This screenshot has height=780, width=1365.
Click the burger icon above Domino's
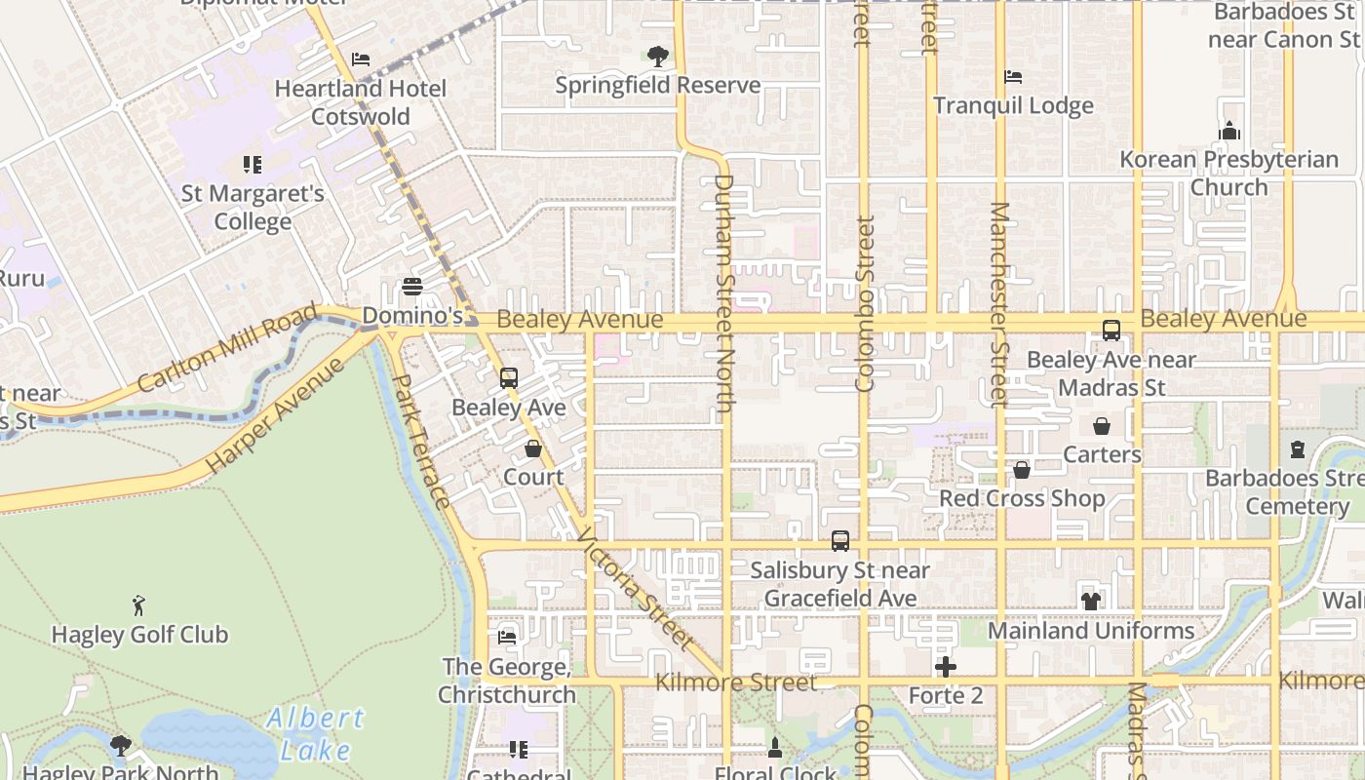(x=412, y=287)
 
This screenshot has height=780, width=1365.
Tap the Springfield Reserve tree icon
(x=658, y=57)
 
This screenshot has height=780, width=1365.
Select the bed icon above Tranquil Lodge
(x=1013, y=77)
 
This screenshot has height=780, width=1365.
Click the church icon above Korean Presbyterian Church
(x=1228, y=131)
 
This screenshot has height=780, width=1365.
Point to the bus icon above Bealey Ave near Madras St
(x=1111, y=331)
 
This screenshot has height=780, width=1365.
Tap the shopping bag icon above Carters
(x=1102, y=426)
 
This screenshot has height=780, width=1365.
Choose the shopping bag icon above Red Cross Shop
(x=1022, y=471)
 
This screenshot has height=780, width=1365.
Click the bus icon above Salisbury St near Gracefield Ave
(x=840, y=540)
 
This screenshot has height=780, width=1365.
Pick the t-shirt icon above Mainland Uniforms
(x=1090, y=602)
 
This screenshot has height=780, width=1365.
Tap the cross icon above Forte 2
(x=946, y=668)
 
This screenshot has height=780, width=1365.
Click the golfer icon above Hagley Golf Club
(x=139, y=605)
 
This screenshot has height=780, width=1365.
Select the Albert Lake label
(x=315, y=734)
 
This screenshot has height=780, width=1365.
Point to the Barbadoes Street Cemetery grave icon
(x=1298, y=449)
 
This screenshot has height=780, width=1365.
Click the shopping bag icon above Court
(x=533, y=448)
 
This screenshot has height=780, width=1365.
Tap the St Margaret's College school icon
(x=253, y=165)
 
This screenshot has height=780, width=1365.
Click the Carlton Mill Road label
(x=227, y=348)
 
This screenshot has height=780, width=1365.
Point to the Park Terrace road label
(x=422, y=441)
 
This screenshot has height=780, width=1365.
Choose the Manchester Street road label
(x=999, y=304)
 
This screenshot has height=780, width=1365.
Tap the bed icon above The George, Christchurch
(x=507, y=638)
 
